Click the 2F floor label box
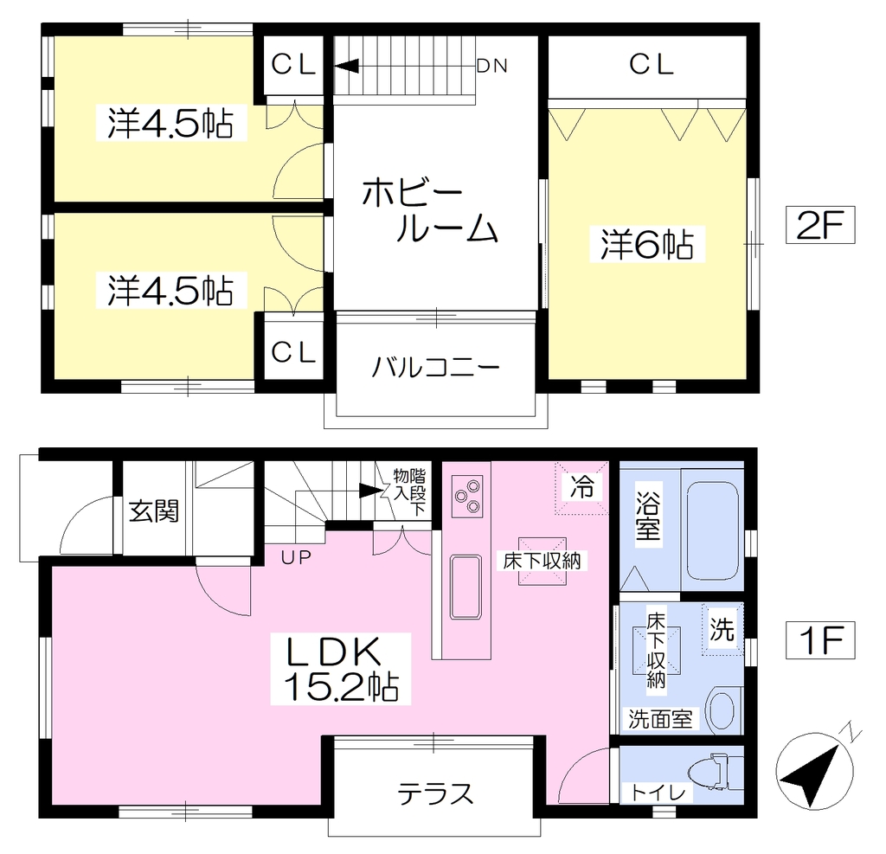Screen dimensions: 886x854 coord(820,225)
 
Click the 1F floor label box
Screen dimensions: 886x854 coord(820,640)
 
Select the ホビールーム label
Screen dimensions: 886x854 coord(430,210)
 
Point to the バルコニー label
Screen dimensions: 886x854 coord(436,368)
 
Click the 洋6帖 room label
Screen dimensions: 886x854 coord(647,244)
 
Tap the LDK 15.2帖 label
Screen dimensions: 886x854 coord(341,669)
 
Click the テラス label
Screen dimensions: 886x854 coord(435,793)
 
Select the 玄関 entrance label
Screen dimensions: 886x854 coord(154,511)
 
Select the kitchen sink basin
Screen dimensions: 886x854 coord(466,587)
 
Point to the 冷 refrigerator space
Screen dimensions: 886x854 coord(581,488)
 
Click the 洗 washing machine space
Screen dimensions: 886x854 coord(722,629)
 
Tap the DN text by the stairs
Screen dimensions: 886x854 coord(492,66)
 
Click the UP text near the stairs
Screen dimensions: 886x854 coord(296,558)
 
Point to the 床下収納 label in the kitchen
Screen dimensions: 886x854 coord(543,561)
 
